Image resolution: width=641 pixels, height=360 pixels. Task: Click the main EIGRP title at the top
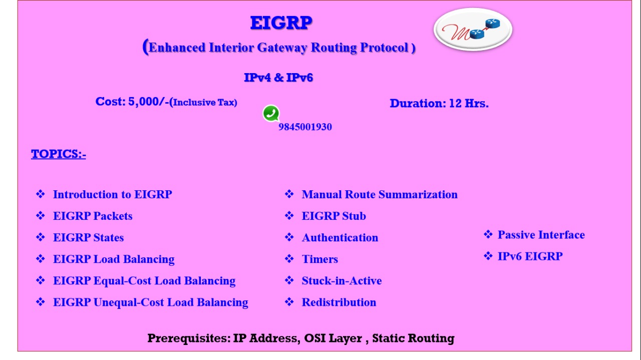(281, 23)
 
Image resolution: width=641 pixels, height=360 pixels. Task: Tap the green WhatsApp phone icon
(271, 113)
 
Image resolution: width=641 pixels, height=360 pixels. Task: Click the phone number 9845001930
(305, 127)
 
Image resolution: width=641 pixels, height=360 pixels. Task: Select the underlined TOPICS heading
(59, 154)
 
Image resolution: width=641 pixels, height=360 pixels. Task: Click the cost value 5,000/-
(149, 102)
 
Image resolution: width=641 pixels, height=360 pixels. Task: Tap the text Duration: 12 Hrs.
(439, 103)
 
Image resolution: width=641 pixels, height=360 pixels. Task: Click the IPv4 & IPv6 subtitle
(278, 78)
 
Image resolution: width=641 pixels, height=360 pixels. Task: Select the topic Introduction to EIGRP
(113, 195)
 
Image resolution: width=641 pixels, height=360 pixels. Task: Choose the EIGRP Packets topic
(93, 216)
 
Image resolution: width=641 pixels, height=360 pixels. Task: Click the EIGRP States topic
(89, 237)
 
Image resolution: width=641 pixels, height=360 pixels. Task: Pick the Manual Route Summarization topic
(380, 195)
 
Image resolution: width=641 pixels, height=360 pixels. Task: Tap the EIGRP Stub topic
(334, 216)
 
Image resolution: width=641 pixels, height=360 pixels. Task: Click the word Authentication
(340, 237)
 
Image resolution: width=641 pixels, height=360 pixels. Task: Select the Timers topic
(320, 259)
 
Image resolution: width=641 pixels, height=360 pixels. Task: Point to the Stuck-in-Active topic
(342, 281)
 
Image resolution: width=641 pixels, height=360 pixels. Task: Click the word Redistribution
(339, 302)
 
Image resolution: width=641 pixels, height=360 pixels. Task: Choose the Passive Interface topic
(541, 235)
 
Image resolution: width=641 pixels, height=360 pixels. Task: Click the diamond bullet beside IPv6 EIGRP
(488, 256)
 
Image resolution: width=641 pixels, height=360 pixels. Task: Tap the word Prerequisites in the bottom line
(189, 338)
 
